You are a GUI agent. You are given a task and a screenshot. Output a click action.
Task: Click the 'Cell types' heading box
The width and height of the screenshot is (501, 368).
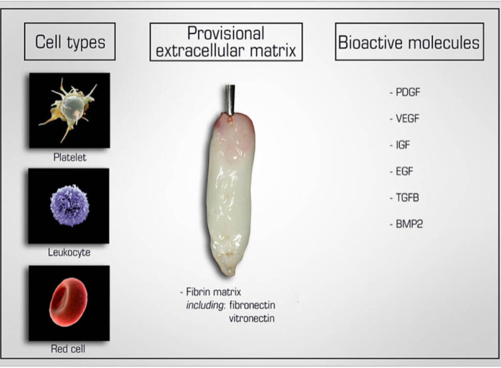pyautogui.click(x=70, y=42)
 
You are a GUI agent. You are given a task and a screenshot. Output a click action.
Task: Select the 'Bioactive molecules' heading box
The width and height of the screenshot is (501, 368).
pyautogui.click(x=409, y=42)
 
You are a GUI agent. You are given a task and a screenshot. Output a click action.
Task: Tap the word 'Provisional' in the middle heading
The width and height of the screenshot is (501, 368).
pyautogui.click(x=226, y=33)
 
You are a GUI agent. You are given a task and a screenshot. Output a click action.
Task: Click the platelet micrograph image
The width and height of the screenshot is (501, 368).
pyautogui.click(x=69, y=110)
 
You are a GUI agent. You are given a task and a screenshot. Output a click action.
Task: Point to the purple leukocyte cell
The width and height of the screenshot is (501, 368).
pyautogui.click(x=69, y=206)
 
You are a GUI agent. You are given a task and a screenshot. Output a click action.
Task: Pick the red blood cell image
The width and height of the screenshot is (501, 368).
pyautogui.click(x=69, y=302)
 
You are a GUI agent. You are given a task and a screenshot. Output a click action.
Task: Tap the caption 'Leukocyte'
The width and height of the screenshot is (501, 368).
pyautogui.click(x=69, y=253)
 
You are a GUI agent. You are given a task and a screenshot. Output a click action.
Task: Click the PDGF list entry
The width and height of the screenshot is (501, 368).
pyautogui.click(x=405, y=92)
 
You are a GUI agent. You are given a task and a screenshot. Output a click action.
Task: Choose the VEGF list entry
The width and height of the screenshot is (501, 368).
pyautogui.click(x=405, y=118)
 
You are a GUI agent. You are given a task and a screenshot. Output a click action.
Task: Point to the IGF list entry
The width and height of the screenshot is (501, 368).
pyautogui.click(x=402, y=145)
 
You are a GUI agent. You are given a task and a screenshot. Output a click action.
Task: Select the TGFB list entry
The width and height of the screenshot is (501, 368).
pyautogui.click(x=405, y=198)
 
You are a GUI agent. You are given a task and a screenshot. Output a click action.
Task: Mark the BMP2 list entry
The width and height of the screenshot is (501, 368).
pyautogui.click(x=406, y=225)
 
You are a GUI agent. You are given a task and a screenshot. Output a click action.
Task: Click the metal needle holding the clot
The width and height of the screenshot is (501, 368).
pyautogui.click(x=229, y=98)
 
